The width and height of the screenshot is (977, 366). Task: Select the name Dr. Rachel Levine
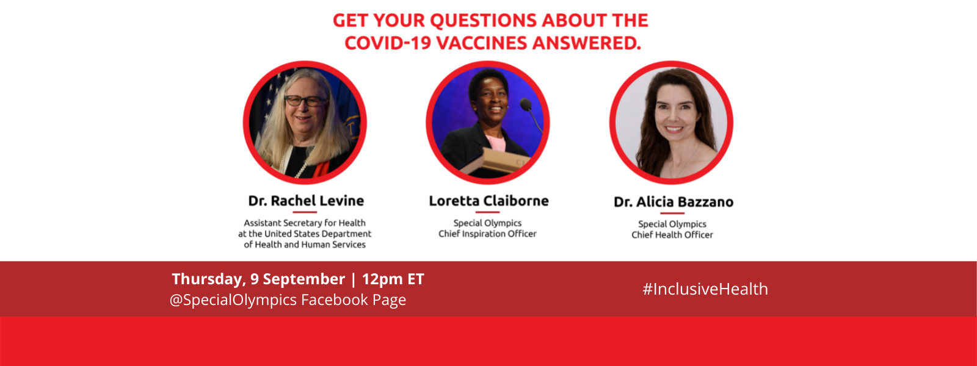click(x=306, y=201)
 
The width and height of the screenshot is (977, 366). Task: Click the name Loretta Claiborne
click(x=488, y=201)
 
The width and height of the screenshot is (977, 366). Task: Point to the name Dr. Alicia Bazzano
click(x=674, y=202)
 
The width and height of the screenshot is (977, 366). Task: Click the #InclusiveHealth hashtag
click(x=705, y=289)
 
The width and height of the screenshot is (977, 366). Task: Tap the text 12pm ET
click(x=393, y=279)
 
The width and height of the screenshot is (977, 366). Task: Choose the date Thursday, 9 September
click(x=258, y=279)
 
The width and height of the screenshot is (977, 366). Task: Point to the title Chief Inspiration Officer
click(x=487, y=234)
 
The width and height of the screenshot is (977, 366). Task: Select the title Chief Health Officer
click(x=672, y=235)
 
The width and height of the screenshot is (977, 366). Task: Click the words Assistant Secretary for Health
click(x=305, y=223)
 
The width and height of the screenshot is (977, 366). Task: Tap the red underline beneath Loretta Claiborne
click(x=487, y=212)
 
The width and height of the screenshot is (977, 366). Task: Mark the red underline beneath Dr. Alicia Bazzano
click(x=672, y=213)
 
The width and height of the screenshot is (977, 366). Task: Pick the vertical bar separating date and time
click(x=354, y=279)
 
